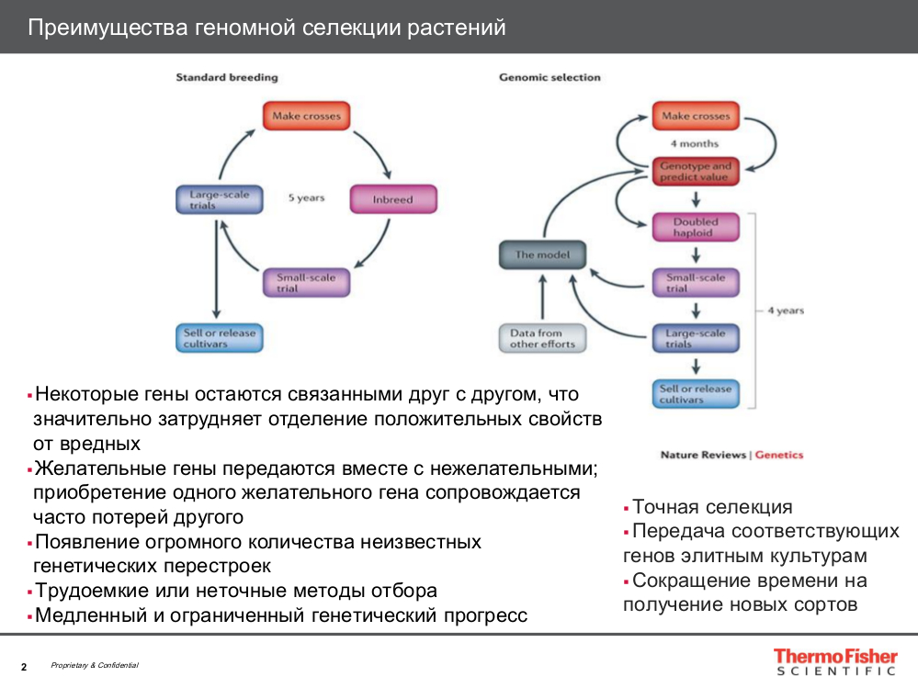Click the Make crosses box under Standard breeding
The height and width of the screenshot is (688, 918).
(x=306, y=117)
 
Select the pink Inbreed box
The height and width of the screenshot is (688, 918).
(x=393, y=199)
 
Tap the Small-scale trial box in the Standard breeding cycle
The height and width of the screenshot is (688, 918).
(x=306, y=282)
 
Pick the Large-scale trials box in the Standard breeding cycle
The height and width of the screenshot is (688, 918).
(x=219, y=199)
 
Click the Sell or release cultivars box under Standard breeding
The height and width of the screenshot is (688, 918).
(x=219, y=337)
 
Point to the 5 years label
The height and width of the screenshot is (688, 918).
(x=306, y=197)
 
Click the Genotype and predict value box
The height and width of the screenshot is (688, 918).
(x=696, y=172)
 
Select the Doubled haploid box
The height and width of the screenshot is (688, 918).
(x=696, y=227)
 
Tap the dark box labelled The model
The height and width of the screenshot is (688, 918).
(x=541, y=254)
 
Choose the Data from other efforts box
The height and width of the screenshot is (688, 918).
(x=542, y=338)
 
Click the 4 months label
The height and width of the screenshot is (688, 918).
(x=695, y=144)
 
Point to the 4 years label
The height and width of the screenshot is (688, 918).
(x=786, y=310)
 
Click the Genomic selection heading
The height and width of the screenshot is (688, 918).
(x=550, y=78)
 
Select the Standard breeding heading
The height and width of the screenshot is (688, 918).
(x=226, y=78)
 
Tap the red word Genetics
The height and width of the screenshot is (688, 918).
(x=778, y=455)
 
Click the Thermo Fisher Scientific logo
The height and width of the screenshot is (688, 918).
(x=833, y=661)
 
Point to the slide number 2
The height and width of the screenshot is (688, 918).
(x=24, y=666)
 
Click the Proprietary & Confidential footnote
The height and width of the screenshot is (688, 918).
(x=95, y=665)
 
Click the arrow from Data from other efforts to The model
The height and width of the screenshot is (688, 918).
(x=542, y=296)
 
